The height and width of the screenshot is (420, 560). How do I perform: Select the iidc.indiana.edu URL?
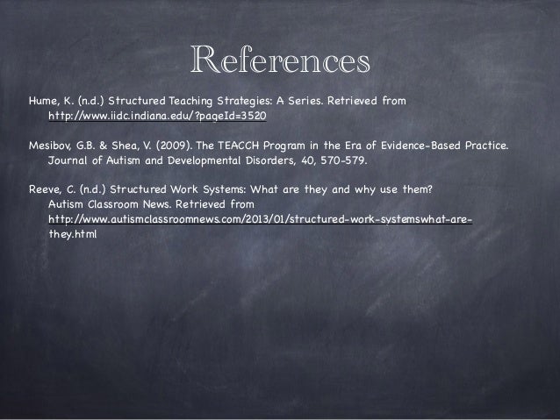pyautogui.click(x=157, y=116)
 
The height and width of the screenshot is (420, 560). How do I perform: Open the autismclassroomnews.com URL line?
pyautogui.click(x=260, y=219)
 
